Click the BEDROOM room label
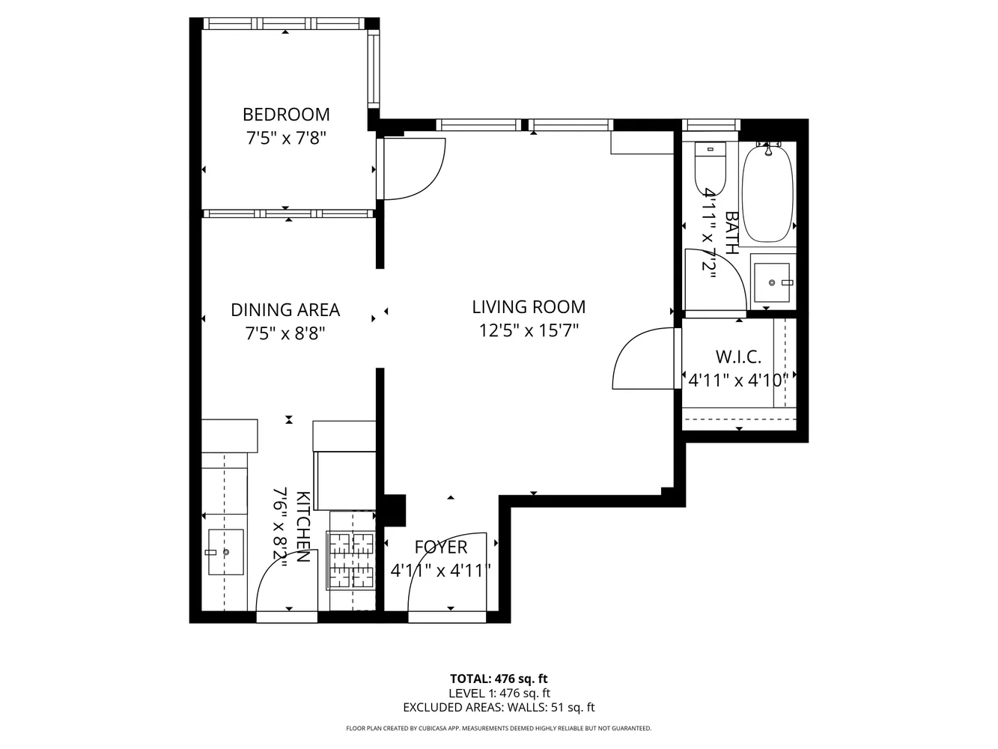[286, 115]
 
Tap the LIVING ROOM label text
[529, 307]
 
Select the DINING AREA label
[285, 310]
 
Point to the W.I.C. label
[738, 357]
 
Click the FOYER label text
[440, 547]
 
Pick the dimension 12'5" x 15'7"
[529, 330]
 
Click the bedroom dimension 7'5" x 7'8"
[286, 138]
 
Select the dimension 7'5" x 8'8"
[285, 334]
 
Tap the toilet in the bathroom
[711, 169]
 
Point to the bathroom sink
[773, 282]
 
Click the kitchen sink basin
[226, 552]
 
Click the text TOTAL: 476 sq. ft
[499, 679]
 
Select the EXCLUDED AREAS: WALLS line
[499, 708]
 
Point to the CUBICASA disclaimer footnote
[499, 729]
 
